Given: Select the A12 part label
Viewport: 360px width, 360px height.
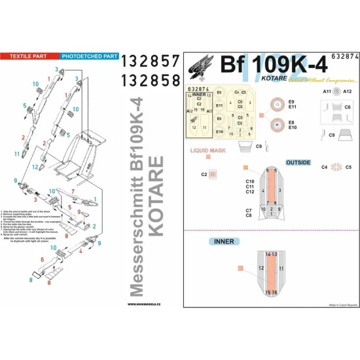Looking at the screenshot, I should (x=347, y=92).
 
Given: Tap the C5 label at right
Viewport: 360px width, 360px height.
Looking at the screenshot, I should (x=348, y=167).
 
